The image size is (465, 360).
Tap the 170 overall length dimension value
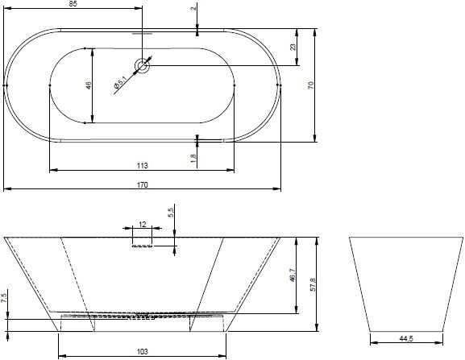click(143, 185)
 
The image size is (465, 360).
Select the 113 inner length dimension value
click(143, 166)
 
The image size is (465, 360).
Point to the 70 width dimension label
click(310, 85)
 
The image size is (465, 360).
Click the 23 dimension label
click(293, 47)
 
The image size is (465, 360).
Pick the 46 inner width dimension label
click(88, 85)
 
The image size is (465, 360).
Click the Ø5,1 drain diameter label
click(120, 83)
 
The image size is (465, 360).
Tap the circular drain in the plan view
click(143, 65)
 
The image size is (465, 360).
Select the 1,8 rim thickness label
click(193, 158)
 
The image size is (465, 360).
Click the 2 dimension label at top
click(193, 8)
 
